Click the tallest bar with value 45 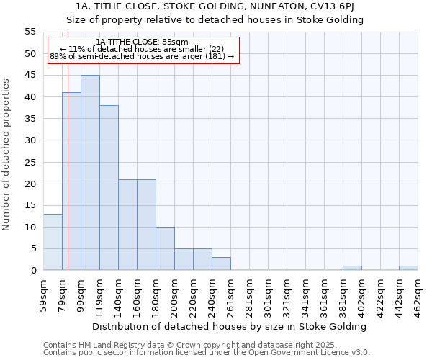[x=90, y=173]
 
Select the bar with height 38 [x=109, y=188]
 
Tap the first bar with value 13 [x=53, y=242]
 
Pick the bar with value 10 [x=165, y=248]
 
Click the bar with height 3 [x=221, y=264]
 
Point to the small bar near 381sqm [x=352, y=268]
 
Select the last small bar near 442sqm [x=408, y=268]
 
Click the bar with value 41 [x=71, y=181]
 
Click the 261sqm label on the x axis [x=231, y=292]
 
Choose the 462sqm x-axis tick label [x=418, y=292]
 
